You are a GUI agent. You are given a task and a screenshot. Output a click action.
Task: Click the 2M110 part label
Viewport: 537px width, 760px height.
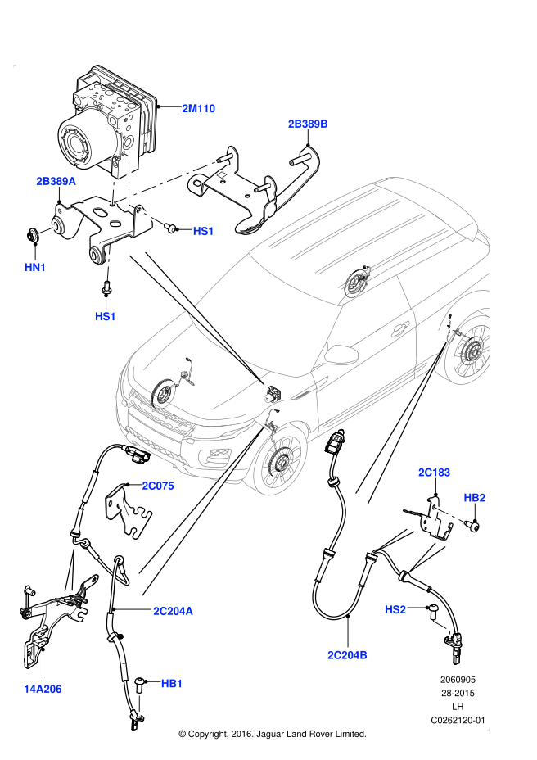click(198, 109)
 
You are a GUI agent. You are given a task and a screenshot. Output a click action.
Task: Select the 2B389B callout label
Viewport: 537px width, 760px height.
click(308, 124)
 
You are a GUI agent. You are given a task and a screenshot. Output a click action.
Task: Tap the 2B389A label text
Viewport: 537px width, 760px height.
click(56, 181)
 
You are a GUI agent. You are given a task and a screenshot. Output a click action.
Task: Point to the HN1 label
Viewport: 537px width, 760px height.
click(35, 267)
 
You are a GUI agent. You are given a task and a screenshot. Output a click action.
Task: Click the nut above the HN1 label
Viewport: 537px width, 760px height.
click(34, 235)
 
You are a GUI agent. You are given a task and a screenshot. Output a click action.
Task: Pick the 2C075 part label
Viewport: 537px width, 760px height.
click(158, 486)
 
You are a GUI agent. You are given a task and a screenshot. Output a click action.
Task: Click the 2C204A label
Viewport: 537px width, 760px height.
click(173, 611)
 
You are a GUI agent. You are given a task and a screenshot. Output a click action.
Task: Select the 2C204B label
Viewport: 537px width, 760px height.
click(348, 655)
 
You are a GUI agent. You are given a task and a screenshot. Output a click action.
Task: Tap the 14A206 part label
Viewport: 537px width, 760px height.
click(43, 690)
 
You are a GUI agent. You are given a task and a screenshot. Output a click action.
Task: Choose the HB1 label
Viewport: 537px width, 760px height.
click(172, 683)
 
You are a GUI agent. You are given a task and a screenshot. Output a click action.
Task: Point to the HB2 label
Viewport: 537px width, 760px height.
click(475, 498)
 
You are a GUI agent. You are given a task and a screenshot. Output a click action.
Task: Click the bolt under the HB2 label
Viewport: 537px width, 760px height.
click(473, 526)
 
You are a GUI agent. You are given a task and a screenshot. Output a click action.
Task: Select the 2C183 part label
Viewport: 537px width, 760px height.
click(434, 472)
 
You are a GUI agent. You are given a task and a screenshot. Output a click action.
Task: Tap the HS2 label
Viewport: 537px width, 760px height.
click(395, 610)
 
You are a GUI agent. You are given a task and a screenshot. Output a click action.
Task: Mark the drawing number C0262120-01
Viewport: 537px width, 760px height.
click(458, 720)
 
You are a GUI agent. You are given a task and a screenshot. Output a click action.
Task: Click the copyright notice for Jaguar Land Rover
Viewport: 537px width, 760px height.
click(273, 734)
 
